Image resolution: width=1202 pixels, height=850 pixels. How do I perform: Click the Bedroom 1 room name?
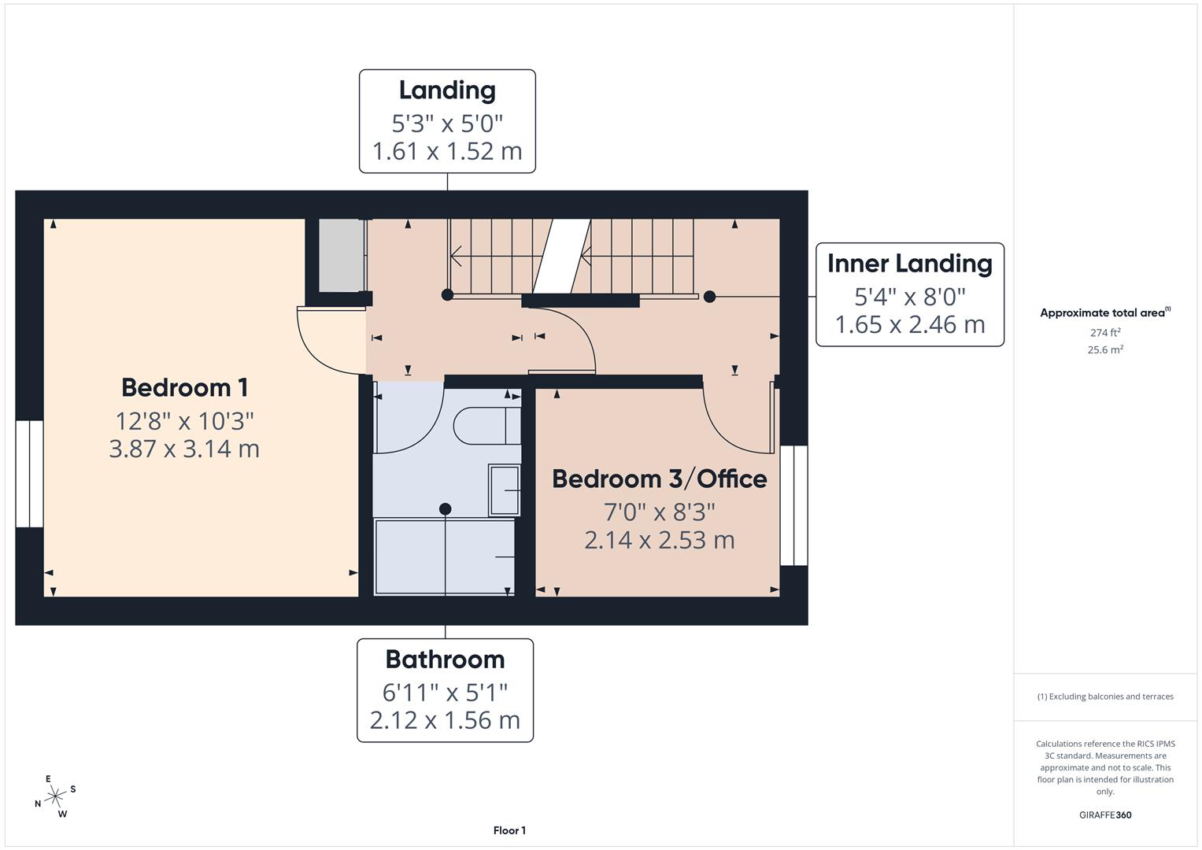point(184,387)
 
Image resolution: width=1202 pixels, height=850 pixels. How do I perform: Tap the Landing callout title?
point(447,91)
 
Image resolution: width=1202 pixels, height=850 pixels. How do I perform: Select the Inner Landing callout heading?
point(909,264)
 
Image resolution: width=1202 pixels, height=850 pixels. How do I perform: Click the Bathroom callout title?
point(445,660)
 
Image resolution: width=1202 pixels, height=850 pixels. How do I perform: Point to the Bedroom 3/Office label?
point(659,479)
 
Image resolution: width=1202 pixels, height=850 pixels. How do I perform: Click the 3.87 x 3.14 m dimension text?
point(184,449)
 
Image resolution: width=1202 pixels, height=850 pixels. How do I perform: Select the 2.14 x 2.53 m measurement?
point(659,540)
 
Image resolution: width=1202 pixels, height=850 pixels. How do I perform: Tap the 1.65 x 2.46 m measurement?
point(909,324)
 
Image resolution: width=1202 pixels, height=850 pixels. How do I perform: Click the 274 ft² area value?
point(1104,333)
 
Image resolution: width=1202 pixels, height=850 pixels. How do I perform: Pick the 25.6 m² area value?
point(1104,350)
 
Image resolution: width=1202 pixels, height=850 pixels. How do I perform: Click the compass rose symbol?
point(55,796)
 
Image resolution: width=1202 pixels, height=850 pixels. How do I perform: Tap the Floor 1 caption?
point(509,830)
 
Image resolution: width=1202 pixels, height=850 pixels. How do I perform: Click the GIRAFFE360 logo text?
point(1104,815)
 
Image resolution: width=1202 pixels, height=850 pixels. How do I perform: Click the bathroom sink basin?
point(504,490)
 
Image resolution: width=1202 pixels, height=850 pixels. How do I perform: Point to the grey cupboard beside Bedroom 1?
point(341,255)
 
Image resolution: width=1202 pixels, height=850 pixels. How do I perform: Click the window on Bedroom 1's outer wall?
point(29,474)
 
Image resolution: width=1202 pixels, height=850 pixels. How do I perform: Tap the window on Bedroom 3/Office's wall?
point(793,505)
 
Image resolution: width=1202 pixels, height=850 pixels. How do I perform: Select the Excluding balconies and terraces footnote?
point(1104,697)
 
